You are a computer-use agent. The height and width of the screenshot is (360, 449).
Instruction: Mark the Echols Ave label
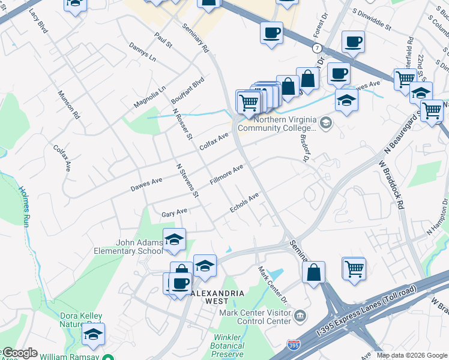(x=244, y=202)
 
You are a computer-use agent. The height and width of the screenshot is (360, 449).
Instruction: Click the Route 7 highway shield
(x=316, y=47)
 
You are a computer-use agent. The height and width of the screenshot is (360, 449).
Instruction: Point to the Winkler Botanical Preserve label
(x=228, y=346)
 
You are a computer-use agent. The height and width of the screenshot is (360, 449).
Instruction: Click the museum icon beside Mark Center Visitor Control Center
(x=300, y=316)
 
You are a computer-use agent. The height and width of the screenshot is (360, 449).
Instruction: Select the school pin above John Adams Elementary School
(x=174, y=239)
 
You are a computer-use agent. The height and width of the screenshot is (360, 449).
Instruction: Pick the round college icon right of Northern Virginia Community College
(x=325, y=123)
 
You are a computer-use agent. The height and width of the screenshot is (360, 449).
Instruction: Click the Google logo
(x=19, y=353)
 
